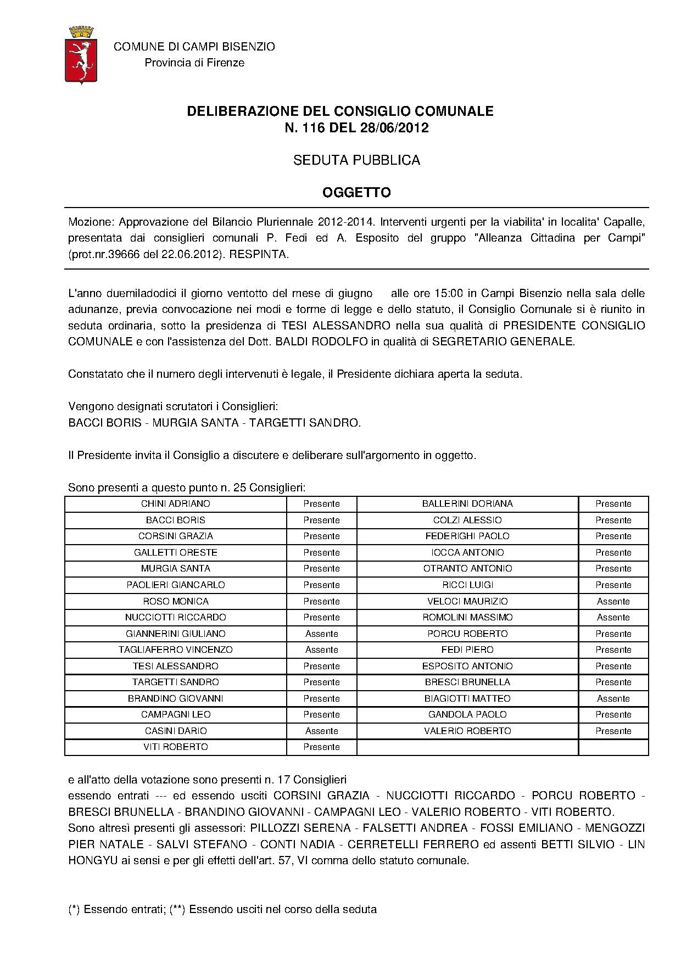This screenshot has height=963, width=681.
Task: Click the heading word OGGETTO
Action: pyautogui.click(x=356, y=193)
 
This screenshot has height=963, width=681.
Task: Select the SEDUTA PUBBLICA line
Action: pyautogui.click(x=356, y=160)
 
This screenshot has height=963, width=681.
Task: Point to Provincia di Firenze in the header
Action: pyautogui.click(x=194, y=63)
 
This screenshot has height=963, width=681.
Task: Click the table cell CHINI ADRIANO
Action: pyautogui.click(x=175, y=503)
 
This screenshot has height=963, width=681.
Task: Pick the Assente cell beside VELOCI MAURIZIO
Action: pyautogui.click(x=613, y=601)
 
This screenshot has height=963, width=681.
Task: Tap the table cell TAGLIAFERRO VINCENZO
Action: pyautogui.click(x=175, y=650)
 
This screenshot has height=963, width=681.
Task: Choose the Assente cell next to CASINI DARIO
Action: pyautogui.click(x=321, y=731)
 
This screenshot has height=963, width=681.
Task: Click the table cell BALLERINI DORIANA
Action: pyautogui.click(x=467, y=503)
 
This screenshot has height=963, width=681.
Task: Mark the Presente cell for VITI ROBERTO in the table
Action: pyautogui.click(x=321, y=747)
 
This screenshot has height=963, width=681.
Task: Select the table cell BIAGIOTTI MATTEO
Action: pyautogui.click(x=467, y=698)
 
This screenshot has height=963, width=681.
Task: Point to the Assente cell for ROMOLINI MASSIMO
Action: pyautogui.click(x=613, y=617)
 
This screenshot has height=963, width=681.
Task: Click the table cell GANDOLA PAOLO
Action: pyautogui.click(x=467, y=714)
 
